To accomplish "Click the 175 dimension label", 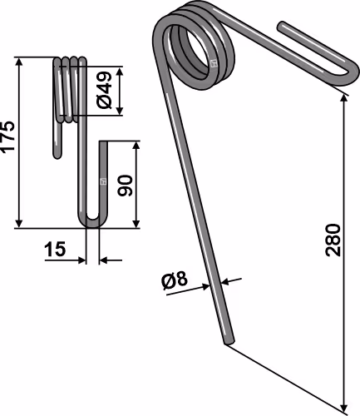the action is pyautogui.click(x=7, y=136).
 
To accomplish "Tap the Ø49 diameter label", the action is pyautogui.click(x=104, y=91).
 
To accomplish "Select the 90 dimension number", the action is pyautogui.click(x=125, y=186).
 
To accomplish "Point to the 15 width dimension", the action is pyautogui.click(x=55, y=249).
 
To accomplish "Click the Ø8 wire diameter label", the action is pyautogui.click(x=175, y=281).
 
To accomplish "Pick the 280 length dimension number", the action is pyautogui.click(x=333, y=240).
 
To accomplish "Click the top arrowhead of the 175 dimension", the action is pyautogui.click(x=19, y=62).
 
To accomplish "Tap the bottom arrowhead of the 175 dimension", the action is pyautogui.click(x=19, y=223).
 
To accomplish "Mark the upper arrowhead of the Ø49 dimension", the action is pyautogui.click(x=120, y=71).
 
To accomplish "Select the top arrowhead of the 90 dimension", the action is pyautogui.click(x=136, y=146).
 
